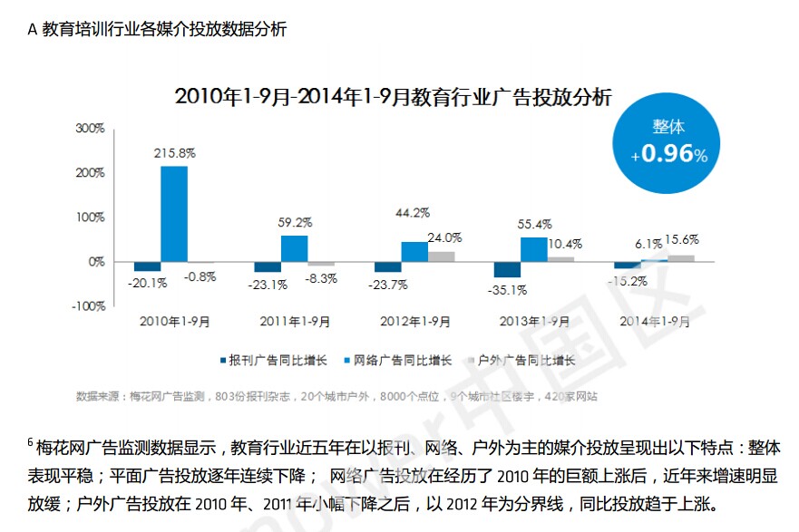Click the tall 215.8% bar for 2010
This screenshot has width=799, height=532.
(x=174, y=214)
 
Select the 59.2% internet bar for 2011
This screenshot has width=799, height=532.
(x=294, y=248)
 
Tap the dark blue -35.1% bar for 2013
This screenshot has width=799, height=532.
(x=507, y=269)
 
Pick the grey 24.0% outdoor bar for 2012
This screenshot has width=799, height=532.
(x=442, y=256)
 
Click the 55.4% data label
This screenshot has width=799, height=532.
(x=533, y=223)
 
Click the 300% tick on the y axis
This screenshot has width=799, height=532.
(x=90, y=129)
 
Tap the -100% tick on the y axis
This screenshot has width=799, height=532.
(x=88, y=306)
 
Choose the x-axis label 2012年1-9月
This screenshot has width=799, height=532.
(x=414, y=322)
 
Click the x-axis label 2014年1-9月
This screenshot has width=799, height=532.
(x=654, y=322)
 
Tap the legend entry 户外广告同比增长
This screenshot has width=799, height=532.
(x=527, y=360)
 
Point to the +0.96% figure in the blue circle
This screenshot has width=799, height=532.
(x=669, y=154)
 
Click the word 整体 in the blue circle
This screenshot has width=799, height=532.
(x=668, y=127)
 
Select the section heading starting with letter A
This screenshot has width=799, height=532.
(x=158, y=29)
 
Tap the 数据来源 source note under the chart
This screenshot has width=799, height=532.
(x=336, y=396)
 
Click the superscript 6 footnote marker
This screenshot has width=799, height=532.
(x=30, y=442)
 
